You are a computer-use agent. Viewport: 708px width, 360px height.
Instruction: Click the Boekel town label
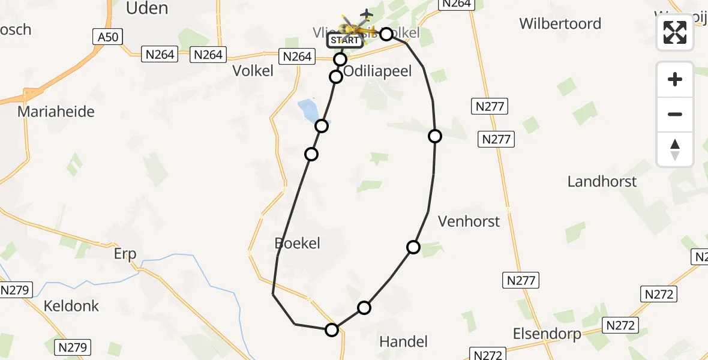pyautogui.click(x=297, y=243)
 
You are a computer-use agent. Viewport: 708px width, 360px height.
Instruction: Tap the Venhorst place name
pyautogui.click(x=469, y=221)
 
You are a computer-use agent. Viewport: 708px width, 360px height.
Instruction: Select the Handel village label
pyautogui.click(x=404, y=342)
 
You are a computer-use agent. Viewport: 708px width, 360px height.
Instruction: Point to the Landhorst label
pyautogui.click(x=602, y=181)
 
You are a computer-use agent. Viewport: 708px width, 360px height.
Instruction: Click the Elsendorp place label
pyautogui.click(x=547, y=334)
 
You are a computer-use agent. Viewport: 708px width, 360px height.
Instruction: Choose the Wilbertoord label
pyautogui.click(x=560, y=23)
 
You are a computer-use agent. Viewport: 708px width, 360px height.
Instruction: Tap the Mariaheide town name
pyautogui.click(x=56, y=112)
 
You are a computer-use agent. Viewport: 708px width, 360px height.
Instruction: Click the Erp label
pyautogui.click(x=125, y=254)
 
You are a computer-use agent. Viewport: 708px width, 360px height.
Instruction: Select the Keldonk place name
pyautogui.click(x=71, y=306)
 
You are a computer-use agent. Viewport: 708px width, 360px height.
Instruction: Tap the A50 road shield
pyautogui.click(x=109, y=37)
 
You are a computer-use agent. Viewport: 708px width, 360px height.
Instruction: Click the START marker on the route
pyautogui.click(x=345, y=41)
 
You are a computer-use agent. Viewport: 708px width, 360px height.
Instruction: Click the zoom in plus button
pyautogui.click(x=675, y=79)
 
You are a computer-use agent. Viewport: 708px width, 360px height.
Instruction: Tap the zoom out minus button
pyautogui.click(x=675, y=114)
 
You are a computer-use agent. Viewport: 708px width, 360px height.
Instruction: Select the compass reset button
pyautogui.click(x=675, y=149)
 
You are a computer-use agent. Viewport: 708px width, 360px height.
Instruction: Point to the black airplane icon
pyautogui.click(x=366, y=14)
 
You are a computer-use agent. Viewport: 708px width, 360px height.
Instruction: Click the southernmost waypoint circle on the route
pyautogui.click(x=332, y=329)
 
